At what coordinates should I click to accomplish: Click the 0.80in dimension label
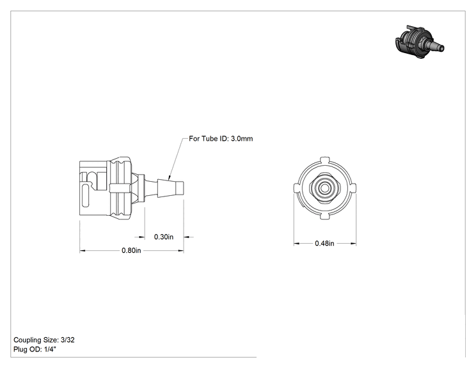pos(131,250)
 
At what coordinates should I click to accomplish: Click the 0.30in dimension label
pos(164,237)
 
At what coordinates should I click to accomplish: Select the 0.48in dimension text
pos(324,243)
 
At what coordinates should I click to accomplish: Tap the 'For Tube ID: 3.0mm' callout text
pos(221,138)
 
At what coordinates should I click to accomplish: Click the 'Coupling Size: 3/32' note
pos(44,340)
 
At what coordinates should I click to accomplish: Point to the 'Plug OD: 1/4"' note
pos(35,349)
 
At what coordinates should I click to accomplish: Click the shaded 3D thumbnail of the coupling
pos(420,42)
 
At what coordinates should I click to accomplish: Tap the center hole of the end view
pos(324,188)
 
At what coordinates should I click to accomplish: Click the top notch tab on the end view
pos(325,160)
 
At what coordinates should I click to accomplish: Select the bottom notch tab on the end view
pos(325,216)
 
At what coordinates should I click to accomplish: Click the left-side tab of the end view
pos(297,188)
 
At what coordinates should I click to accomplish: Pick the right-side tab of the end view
pos(353,188)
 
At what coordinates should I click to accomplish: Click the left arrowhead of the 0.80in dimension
pos(83,251)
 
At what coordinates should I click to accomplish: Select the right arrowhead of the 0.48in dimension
pos(353,243)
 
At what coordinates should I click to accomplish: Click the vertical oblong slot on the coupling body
pos(85,196)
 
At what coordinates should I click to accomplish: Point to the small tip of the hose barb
pos(180,188)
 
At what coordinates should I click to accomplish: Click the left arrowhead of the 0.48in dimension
pos(297,243)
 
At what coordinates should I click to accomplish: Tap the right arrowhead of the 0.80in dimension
pos(180,251)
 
